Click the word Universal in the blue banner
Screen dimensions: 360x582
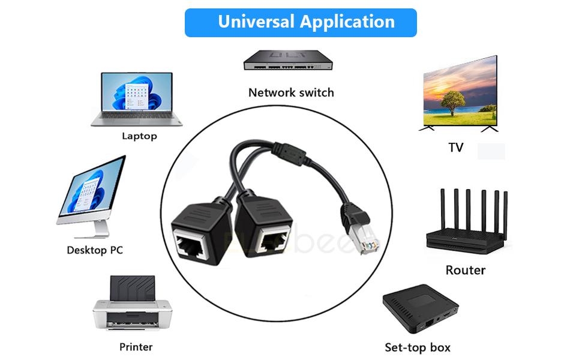(256, 22)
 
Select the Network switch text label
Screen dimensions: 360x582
(291, 92)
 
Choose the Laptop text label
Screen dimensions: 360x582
(139, 136)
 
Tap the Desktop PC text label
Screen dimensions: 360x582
(95, 250)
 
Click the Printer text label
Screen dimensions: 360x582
(136, 347)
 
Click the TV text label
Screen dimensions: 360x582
(456, 148)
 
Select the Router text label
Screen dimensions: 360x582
(465, 270)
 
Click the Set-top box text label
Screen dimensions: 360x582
(417, 347)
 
